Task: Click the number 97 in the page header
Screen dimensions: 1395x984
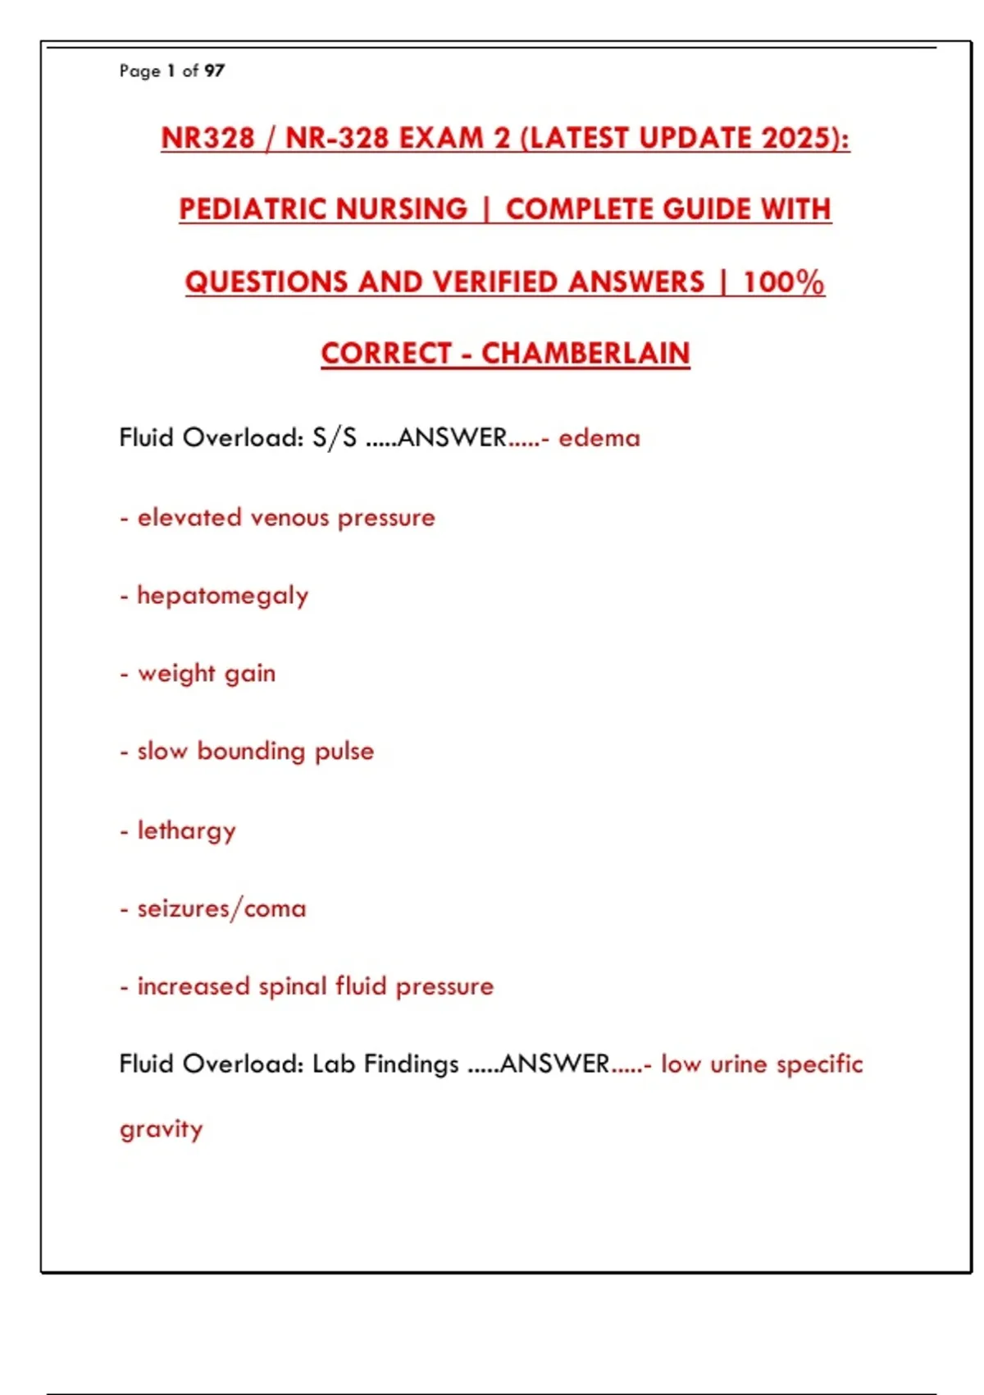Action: coord(214,71)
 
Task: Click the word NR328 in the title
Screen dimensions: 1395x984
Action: coord(208,138)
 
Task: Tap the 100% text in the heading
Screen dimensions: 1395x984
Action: coord(783,282)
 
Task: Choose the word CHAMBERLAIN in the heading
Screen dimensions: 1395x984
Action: coord(585,354)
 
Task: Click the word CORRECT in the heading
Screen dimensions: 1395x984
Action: coord(386,354)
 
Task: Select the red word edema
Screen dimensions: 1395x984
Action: coord(599,438)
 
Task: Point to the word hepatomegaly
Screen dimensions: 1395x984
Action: coord(223,597)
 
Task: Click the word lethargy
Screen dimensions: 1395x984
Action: coord(187,831)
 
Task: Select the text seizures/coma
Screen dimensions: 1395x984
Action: coord(222,909)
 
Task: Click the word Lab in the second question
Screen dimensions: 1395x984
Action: coord(334,1064)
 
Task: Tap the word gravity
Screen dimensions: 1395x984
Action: coord(162,1130)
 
